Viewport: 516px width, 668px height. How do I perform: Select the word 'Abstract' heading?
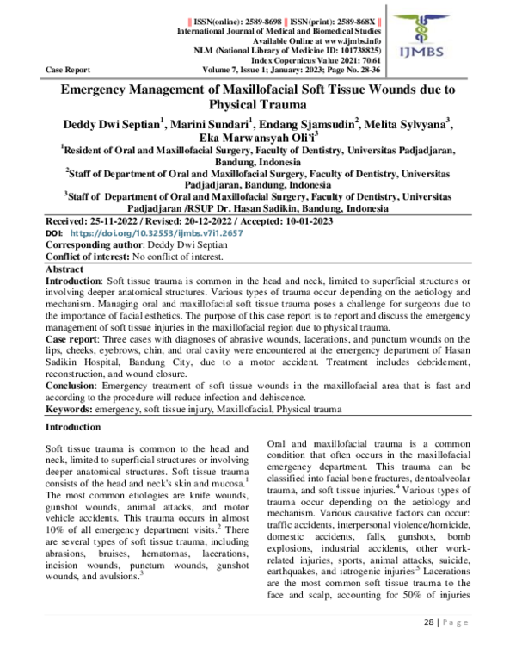(66, 269)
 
